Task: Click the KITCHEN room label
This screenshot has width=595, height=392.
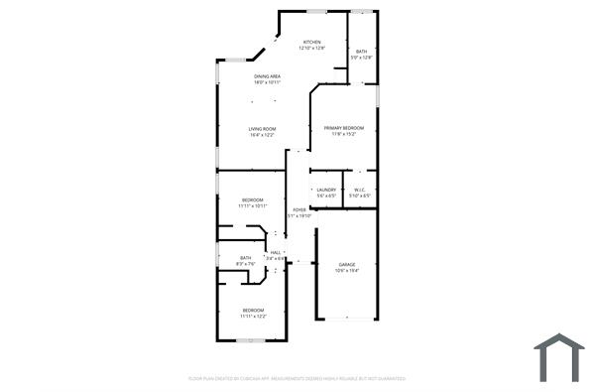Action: pos(312,42)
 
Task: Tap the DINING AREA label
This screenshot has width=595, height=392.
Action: pos(268,76)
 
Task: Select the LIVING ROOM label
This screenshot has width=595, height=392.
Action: pos(262,129)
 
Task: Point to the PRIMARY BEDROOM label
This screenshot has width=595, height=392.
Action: pos(344,128)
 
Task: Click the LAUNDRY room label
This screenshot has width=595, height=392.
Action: pos(326,190)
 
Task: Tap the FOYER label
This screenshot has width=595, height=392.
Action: pos(298,209)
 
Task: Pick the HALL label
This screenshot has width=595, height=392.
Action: pos(276,253)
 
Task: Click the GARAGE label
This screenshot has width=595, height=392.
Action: pos(346,264)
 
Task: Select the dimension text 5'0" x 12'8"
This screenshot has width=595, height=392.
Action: pos(362,58)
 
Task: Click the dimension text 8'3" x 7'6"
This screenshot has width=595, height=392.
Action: pos(246,264)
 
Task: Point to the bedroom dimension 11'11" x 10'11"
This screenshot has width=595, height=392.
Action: pos(254,206)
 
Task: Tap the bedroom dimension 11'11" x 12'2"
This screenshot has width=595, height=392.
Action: pos(253,317)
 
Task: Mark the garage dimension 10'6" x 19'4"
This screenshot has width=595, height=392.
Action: pos(346,270)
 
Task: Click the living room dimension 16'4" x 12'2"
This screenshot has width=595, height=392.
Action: pos(262,135)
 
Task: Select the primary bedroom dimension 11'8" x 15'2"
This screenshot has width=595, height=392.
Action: pos(344,134)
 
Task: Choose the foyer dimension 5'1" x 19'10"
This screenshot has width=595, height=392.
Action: pos(298,215)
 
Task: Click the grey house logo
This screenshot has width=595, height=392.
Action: pos(559,358)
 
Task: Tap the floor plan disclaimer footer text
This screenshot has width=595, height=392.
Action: pos(297,378)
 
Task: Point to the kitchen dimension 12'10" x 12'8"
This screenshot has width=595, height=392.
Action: pos(312,48)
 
